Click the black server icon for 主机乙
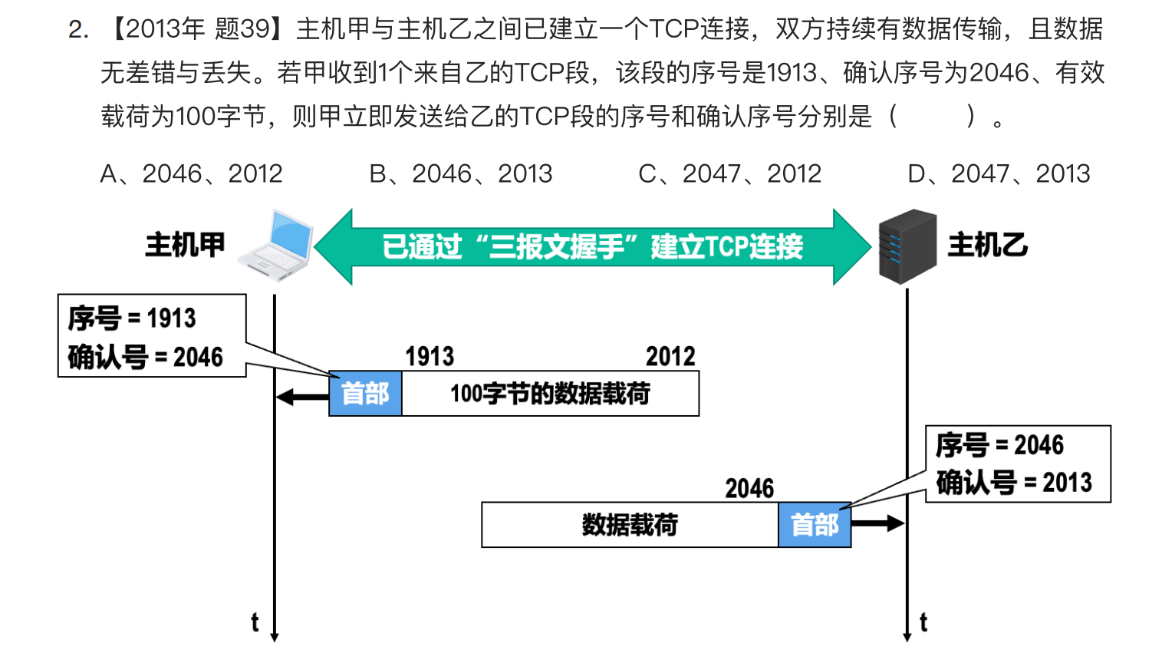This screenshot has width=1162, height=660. [907, 246]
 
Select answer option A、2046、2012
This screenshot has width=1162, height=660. [191, 174]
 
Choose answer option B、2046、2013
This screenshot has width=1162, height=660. [460, 174]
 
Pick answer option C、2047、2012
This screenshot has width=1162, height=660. [729, 174]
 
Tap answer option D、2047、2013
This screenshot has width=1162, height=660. [999, 174]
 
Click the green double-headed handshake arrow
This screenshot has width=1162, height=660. [592, 246]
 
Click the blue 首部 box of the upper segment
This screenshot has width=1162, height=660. [365, 394]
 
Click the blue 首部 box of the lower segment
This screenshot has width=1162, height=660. [815, 525]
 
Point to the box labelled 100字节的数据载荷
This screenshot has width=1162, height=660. [550, 394]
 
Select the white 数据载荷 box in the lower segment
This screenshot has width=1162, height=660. [630, 525]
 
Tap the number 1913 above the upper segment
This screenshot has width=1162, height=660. [430, 357]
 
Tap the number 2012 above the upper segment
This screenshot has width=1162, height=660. [670, 357]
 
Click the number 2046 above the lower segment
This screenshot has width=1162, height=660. [749, 488]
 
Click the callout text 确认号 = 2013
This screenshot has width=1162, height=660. [1014, 483]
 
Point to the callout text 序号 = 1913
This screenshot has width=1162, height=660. [132, 318]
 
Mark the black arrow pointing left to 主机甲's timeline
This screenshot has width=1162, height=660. [301, 397]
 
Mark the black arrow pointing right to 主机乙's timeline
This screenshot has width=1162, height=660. [877, 523]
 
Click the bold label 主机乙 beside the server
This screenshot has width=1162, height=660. [987, 246]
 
